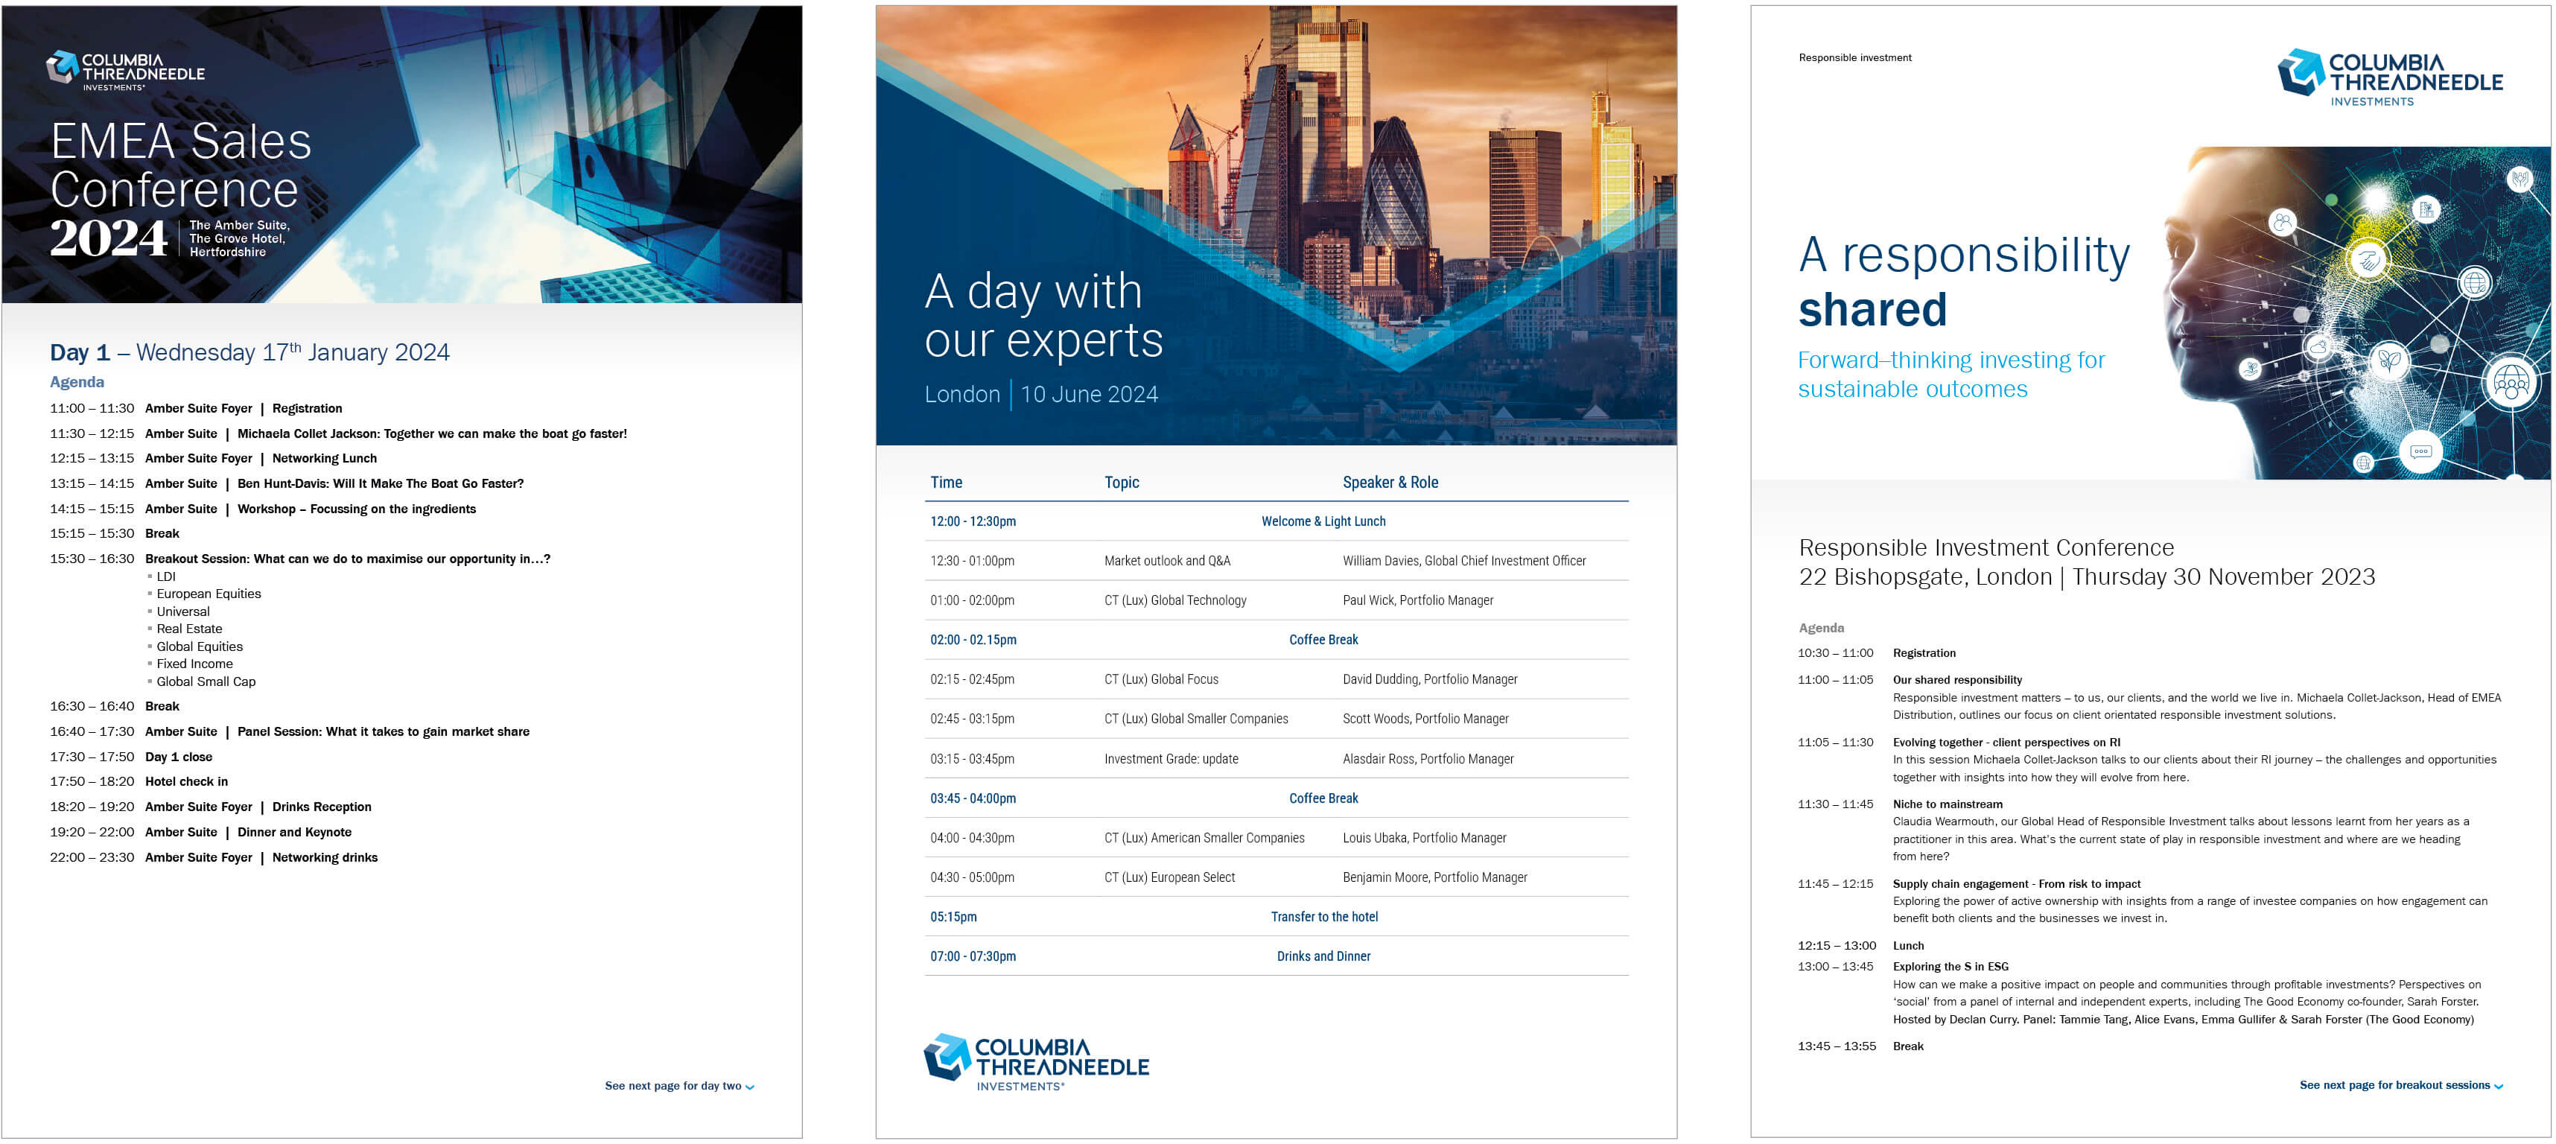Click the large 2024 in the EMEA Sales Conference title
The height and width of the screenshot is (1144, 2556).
click(109, 238)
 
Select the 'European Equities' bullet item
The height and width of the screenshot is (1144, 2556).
click(209, 594)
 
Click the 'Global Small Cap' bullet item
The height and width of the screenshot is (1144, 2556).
click(206, 681)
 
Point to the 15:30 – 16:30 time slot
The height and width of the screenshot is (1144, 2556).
click(92, 559)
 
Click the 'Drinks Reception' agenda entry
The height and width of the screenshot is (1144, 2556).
click(322, 807)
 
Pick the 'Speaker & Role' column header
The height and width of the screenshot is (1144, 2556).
click(1390, 482)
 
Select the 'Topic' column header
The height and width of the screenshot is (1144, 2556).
click(1121, 482)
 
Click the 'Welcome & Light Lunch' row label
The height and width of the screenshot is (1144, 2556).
click(1323, 521)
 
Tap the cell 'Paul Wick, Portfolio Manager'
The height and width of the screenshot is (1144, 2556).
click(1418, 600)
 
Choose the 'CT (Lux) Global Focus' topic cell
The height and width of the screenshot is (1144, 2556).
click(1161, 680)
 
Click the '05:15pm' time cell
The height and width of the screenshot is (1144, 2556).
click(953, 917)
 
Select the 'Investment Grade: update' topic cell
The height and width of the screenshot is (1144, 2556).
click(1171, 759)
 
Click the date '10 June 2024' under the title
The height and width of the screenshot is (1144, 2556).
click(1090, 395)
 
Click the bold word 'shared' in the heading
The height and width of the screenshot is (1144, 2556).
click(1872, 310)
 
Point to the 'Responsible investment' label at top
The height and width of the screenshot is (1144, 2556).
click(1854, 57)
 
